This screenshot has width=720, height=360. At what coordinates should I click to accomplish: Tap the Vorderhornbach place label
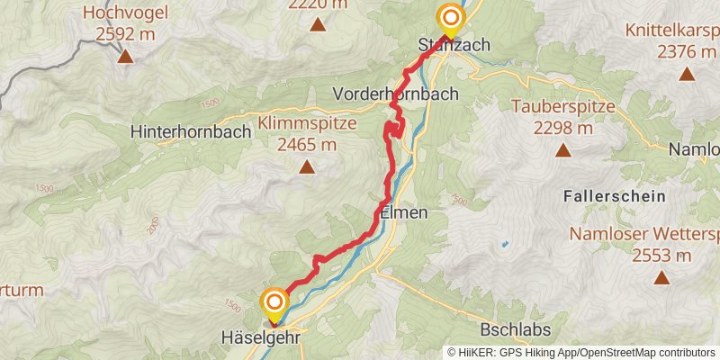(x=395, y=94)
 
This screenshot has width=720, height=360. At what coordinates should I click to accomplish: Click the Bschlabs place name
(x=516, y=329)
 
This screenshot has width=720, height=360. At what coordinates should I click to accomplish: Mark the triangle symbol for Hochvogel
(x=124, y=57)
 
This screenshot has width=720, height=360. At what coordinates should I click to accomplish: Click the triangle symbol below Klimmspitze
(x=307, y=166)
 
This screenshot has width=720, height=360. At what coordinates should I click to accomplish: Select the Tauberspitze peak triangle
(x=562, y=150)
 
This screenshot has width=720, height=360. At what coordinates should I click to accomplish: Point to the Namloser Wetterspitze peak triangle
(x=661, y=278)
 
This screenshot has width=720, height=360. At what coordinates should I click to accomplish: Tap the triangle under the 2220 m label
(x=318, y=24)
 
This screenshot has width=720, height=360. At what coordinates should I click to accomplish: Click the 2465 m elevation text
(x=307, y=144)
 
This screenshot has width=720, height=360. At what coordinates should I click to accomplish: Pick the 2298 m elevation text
(x=562, y=128)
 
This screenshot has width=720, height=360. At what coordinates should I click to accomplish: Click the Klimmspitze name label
(x=307, y=123)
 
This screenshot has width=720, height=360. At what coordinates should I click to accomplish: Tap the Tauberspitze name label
(x=562, y=107)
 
